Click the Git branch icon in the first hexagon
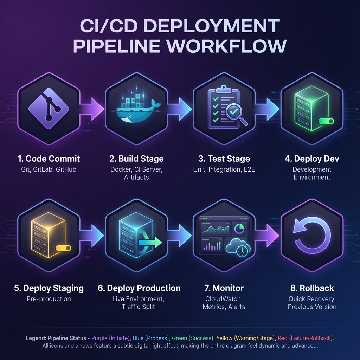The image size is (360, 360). point(49,108)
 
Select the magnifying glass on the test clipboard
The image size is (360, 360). point(234,115)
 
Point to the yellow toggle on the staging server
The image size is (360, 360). point(63,248)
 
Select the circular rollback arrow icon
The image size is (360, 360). point(312,234)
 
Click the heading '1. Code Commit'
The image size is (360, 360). point(49,159)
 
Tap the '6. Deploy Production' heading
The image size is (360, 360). point(139,288)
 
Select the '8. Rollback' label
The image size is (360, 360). point(312,288)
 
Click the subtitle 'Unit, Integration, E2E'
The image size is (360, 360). point(224,169)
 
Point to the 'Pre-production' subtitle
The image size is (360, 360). point(49,299)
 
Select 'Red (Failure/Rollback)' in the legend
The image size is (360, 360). point(305,338)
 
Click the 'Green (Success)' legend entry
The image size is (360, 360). point(193,338)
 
